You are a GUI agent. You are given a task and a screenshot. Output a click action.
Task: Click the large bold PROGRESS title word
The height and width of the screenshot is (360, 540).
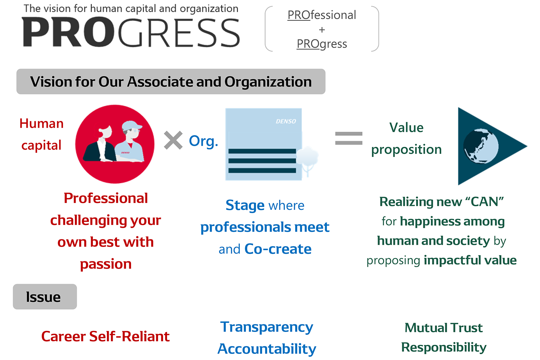pyautogui.click(x=131, y=32)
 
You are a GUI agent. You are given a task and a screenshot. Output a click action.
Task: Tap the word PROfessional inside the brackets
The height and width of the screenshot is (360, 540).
pyautogui.click(x=321, y=15)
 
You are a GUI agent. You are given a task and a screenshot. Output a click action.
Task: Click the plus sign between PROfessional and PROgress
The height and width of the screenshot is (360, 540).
pyautogui.click(x=322, y=30)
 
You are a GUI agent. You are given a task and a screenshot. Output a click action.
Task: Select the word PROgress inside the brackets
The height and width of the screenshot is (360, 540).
pyautogui.click(x=322, y=44)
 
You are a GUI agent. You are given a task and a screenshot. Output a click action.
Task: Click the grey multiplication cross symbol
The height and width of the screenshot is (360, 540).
pyautogui.click(x=173, y=140)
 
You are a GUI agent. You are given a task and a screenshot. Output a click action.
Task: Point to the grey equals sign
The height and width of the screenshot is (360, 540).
pyautogui.click(x=348, y=138)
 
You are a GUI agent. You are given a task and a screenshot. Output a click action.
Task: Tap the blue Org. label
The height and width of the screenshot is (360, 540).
pyautogui.click(x=203, y=141)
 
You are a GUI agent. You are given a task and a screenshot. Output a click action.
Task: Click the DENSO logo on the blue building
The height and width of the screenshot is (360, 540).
pyautogui.click(x=286, y=121)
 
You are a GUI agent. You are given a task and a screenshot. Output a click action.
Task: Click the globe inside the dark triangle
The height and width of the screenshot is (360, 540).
pyautogui.click(x=481, y=146)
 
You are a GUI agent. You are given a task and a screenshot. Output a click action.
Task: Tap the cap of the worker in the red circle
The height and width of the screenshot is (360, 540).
pyautogui.click(x=131, y=125)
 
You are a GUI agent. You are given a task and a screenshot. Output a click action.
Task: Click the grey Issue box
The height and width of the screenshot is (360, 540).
pyautogui.click(x=45, y=297)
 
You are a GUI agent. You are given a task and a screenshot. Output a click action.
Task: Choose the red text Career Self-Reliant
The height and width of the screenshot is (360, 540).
pyautogui.click(x=105, y=336)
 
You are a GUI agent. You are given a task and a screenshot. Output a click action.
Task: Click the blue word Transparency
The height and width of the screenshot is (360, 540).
pyautogui.click(x=267, y=327)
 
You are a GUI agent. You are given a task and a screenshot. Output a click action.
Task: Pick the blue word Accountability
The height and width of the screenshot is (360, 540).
pyautogui.click(x=267, y=349)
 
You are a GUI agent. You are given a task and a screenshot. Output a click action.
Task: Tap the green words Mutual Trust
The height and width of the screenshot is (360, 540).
pyautogui.click(x=444, y=328)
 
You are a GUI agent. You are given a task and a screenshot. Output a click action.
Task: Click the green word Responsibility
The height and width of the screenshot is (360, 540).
pyautogui.click(x=444, y=347)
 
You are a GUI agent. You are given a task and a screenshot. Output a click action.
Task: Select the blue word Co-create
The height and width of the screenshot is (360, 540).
pyautogui.click(x=278, y=249)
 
